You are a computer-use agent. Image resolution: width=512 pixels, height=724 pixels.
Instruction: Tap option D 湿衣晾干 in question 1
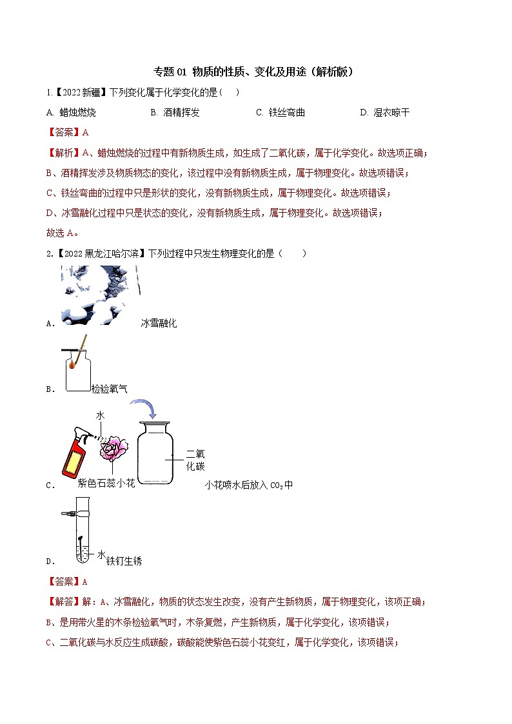390,112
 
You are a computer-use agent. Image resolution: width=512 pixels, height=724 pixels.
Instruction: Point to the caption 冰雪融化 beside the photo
159,323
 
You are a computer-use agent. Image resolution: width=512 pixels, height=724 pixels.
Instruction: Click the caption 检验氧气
109,389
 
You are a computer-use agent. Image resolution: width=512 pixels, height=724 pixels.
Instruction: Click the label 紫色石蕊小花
106,483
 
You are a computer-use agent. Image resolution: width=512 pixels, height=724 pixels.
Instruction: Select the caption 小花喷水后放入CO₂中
248,485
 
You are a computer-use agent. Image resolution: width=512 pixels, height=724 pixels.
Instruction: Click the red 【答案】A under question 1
67,132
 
